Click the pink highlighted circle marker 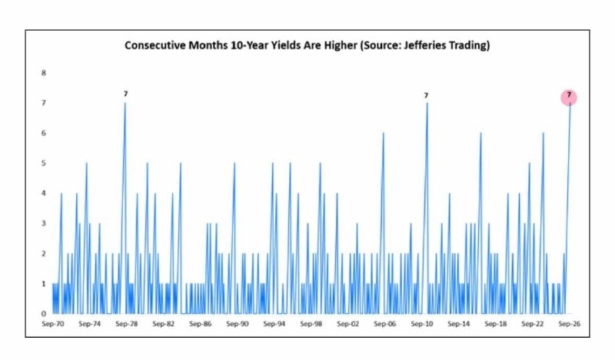(569, 98)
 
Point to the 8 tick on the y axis (44, 72)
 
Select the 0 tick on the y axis (44, 314)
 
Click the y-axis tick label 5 (44, 163)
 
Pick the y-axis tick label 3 (44, 223)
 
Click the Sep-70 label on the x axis (53, 324)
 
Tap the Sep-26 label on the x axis (569, 324)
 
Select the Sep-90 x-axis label (238, 324)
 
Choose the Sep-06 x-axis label (385, 324)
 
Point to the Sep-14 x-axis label (458, 324)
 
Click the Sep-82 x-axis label (164, 324)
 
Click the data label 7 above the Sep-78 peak (125, 94)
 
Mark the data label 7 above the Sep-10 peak (426, 95)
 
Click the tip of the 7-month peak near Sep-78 (125, 103)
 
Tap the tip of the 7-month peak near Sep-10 (427, 103)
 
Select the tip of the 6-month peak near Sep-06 (383, 133)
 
